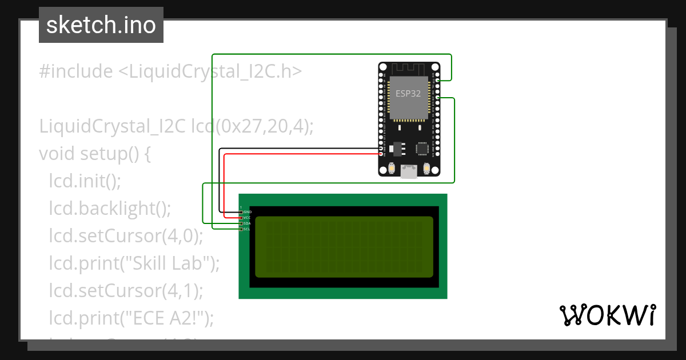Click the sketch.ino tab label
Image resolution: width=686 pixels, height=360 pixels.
click(101, 25)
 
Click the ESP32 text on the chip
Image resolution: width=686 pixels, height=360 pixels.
click(408, 94)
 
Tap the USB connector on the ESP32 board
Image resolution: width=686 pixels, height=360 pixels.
click(409, 171)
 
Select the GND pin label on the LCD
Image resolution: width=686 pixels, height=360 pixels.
click(248, 212)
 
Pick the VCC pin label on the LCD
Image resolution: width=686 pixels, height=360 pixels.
click(247, 218)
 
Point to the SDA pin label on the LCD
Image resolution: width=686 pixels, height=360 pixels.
click(247, 223)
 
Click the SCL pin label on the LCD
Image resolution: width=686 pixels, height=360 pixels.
click(247, 229)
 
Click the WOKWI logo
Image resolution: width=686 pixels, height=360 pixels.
click(607, 315)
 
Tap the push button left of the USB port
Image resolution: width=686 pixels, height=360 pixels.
click(392, 168)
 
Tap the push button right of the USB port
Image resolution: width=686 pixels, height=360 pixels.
click(426, 168)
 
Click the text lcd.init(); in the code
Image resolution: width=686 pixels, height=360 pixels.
click(85, 181)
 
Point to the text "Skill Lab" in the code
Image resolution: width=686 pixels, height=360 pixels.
click(173, 263)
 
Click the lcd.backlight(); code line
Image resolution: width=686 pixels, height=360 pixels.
click(110, 209)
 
